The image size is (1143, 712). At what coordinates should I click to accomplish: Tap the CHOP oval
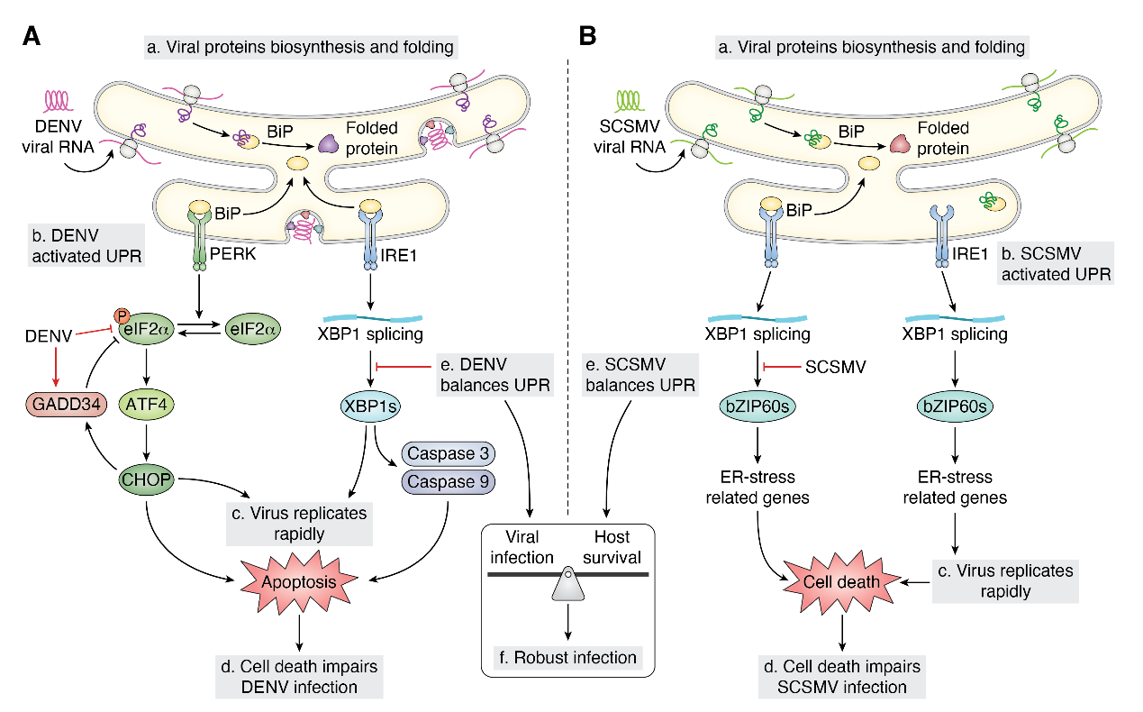point(145,479)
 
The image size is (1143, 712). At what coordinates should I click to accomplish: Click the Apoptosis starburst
point(299,581)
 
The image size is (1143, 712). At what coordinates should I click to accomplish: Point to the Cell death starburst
point(842,581)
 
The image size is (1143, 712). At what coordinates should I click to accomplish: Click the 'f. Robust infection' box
point(568,657)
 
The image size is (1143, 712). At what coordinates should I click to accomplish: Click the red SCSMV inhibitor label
point(837,367)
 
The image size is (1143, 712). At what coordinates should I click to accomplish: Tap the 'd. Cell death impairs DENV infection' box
point(299,677)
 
